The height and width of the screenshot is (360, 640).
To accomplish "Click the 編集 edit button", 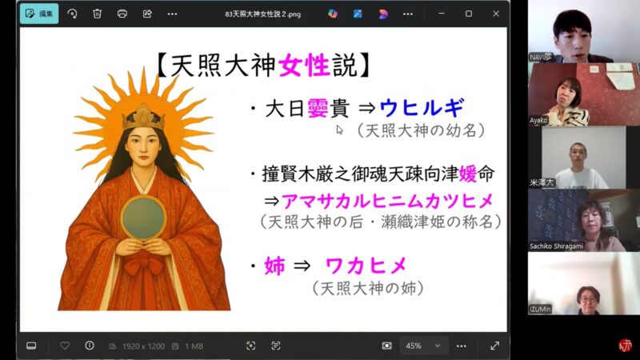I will (39, 14).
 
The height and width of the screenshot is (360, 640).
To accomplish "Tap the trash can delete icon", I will (97, 14).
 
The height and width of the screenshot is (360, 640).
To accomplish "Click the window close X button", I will (496, 14).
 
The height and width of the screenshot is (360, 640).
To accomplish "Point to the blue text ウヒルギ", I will (421, 109).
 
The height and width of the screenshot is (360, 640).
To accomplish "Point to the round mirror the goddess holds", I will (145, 216).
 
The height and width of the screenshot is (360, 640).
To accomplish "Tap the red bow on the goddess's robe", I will (146, 265).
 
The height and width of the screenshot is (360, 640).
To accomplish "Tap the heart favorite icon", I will (65, 346).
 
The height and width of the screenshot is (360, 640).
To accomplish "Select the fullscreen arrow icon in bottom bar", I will (494, 346).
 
